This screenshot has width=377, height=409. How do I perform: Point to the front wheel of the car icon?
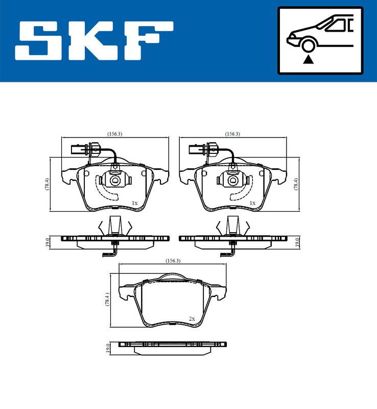(x=308, y=45)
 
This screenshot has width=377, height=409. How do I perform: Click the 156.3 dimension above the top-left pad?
(x=115, y=134)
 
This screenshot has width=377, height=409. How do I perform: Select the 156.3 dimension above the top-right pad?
(x=232, y=134)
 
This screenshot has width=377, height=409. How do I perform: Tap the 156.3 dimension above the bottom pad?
(x=173, y=261)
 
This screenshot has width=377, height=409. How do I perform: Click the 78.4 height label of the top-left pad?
(x=47, y=184)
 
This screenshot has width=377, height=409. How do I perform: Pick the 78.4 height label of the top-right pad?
(x=296, y=184)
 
